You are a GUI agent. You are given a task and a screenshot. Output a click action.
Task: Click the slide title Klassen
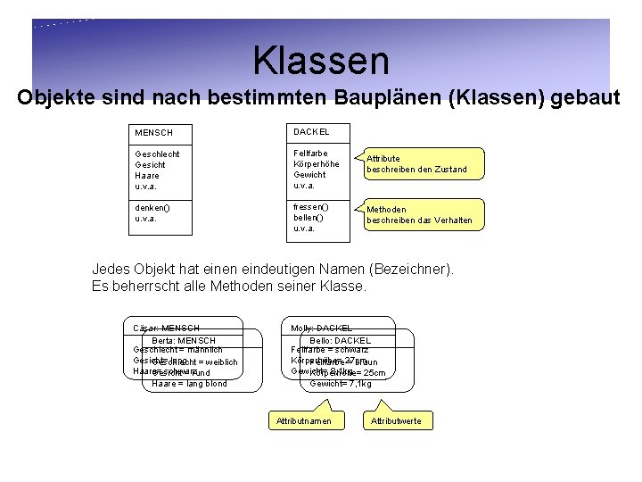(x=321, y=61)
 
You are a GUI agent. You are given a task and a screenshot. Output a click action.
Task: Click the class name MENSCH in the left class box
(x=153, y=133)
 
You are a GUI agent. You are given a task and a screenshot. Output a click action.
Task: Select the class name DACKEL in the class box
(x=311, y=131)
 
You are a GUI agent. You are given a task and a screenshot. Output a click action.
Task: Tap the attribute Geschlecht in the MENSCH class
(x=156, y=154)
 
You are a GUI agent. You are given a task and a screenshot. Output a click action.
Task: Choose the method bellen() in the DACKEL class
(x=309, y=217)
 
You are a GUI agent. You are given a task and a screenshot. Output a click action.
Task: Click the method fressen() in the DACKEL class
(x=311, y=207)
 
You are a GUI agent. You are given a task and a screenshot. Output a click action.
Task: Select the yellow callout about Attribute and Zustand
(x=416, y=163)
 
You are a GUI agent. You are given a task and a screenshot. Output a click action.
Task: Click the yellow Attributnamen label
(x=303, y=420)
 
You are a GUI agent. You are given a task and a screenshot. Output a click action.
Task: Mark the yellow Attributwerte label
(x=396, y=420)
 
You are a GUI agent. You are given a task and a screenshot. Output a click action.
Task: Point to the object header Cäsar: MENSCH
(x=165, y=328)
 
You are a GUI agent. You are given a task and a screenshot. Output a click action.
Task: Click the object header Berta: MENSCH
(x=184, y=340)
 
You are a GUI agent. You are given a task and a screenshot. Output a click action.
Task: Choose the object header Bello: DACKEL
(x=340, y=340)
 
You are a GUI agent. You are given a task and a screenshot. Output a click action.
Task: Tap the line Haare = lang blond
(x=189, y=384)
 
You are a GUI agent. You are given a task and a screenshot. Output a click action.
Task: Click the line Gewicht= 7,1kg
(x=341, y=384)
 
